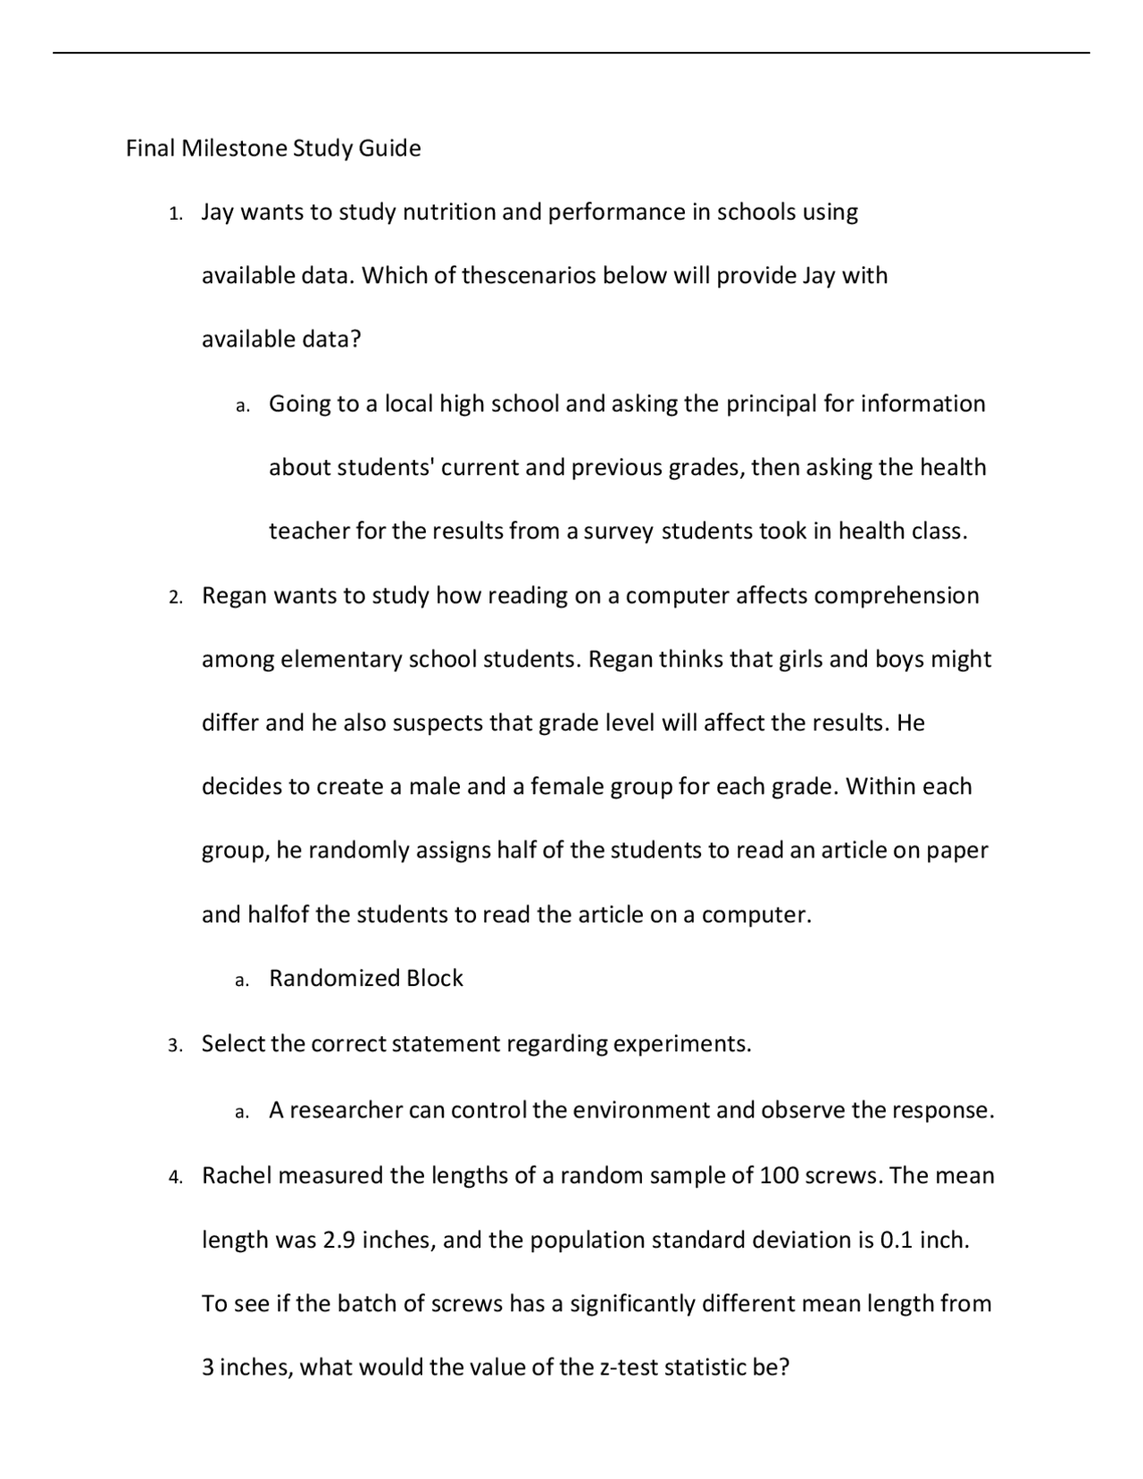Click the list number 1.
coord(175,213)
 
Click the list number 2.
coord(175,597)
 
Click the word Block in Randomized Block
coord(435,979)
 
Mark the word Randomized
coord(334,979)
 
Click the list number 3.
coord(175,1045)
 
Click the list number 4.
coord(175,1177)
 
